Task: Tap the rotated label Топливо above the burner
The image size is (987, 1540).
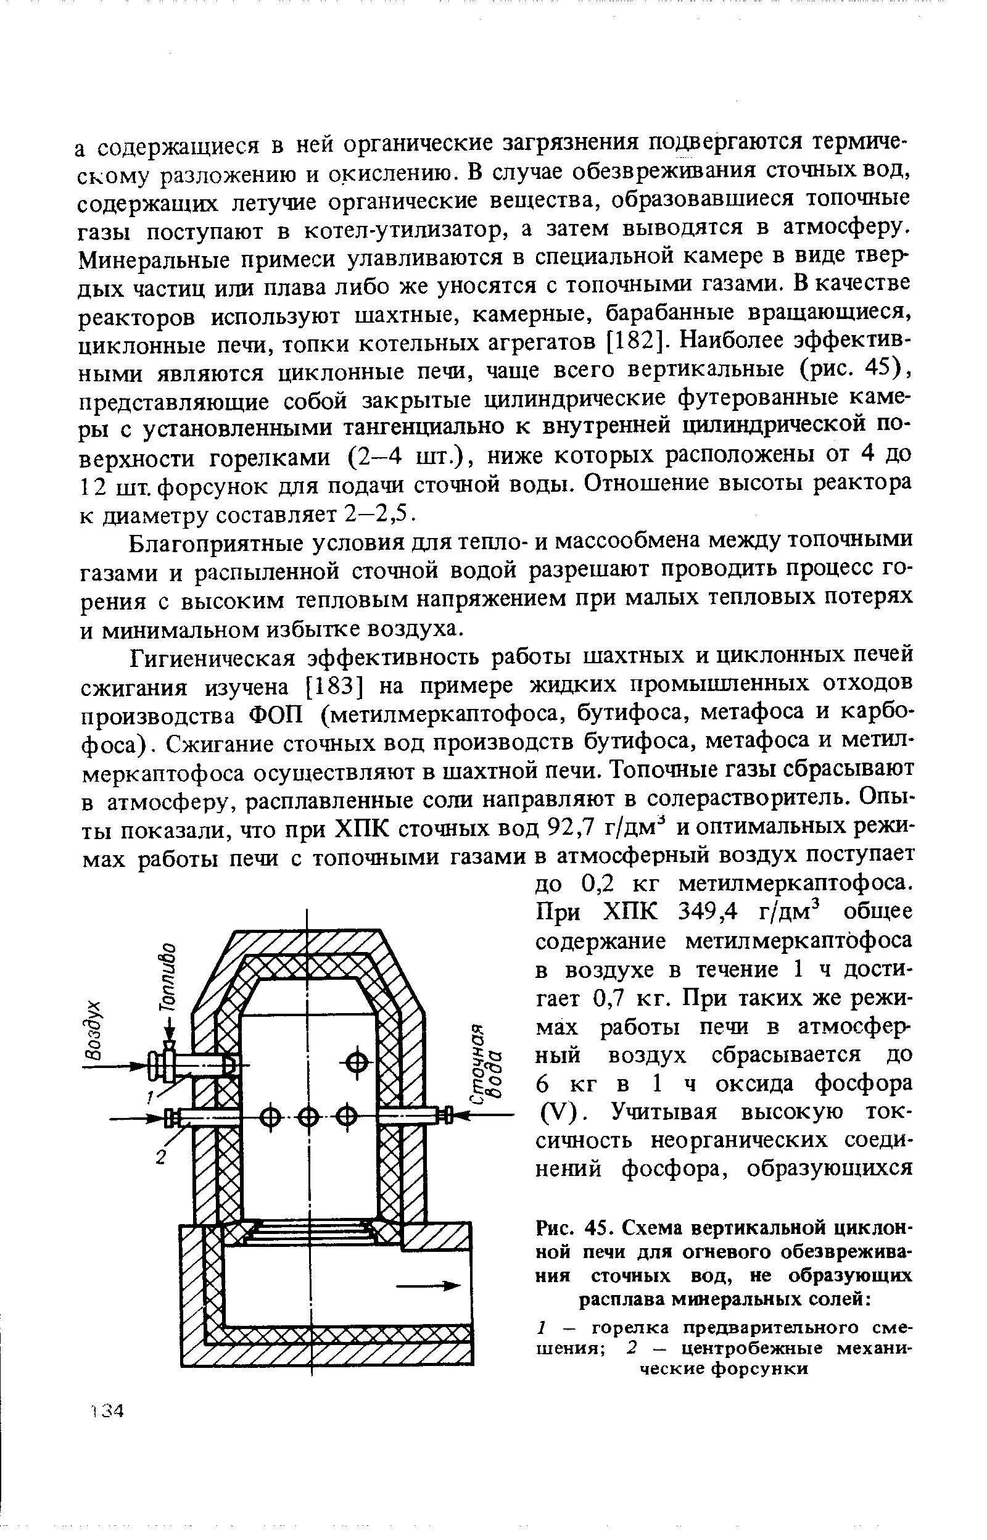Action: (x=168, y=977)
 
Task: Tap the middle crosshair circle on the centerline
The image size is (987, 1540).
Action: (x=308, y=1117)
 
